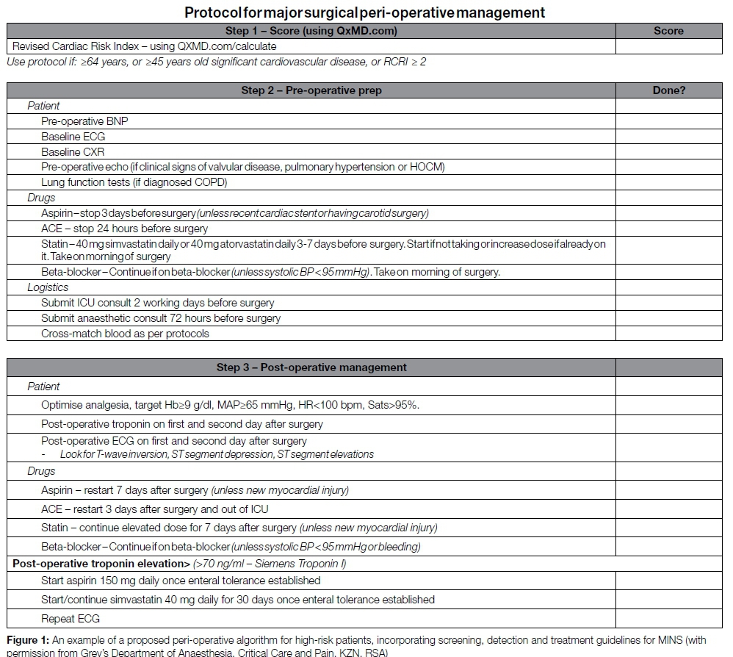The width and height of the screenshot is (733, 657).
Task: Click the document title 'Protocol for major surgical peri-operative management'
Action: (364, 12)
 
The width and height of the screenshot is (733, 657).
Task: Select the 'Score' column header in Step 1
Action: (668, 31)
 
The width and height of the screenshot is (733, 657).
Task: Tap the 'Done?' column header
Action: (668, 90)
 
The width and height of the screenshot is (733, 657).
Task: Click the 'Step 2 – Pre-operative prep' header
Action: (311, 90)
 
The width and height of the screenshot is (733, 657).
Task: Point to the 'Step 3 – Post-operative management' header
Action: (311, 367)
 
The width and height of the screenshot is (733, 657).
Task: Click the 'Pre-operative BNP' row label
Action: (79, 121)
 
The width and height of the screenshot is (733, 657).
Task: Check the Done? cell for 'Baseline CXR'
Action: (668, 152)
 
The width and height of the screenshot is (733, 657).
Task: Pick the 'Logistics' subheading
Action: (48, 287)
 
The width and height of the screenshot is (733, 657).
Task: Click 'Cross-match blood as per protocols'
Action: (125, 334)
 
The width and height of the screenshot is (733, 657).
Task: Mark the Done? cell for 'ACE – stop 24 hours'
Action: (668, 229)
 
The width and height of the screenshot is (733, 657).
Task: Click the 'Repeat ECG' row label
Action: (71, 619)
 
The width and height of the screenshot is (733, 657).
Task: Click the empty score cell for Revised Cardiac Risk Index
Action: (668, 46)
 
